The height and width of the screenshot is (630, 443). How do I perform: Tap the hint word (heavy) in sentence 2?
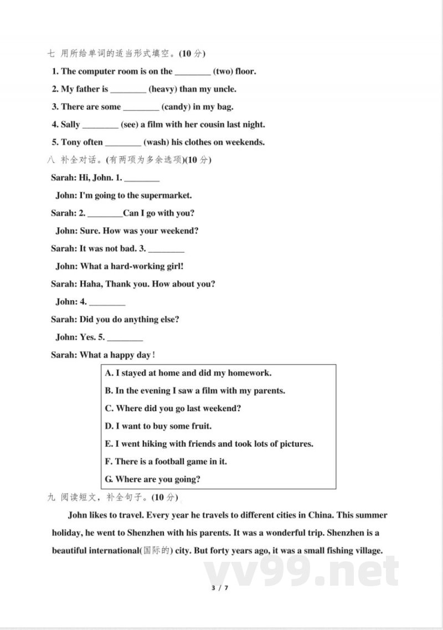point(163,89)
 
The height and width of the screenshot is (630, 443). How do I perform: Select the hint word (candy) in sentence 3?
point(176,106)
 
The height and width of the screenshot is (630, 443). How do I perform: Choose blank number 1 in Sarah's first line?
point(141,180)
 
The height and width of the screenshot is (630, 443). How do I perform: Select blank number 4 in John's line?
point(107,304)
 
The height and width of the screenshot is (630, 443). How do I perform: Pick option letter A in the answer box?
point(109,373)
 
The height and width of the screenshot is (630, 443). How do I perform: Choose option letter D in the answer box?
point(109,426)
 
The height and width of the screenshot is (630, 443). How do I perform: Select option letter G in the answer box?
point(109,479)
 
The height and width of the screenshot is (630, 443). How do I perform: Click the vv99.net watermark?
point(302,571)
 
